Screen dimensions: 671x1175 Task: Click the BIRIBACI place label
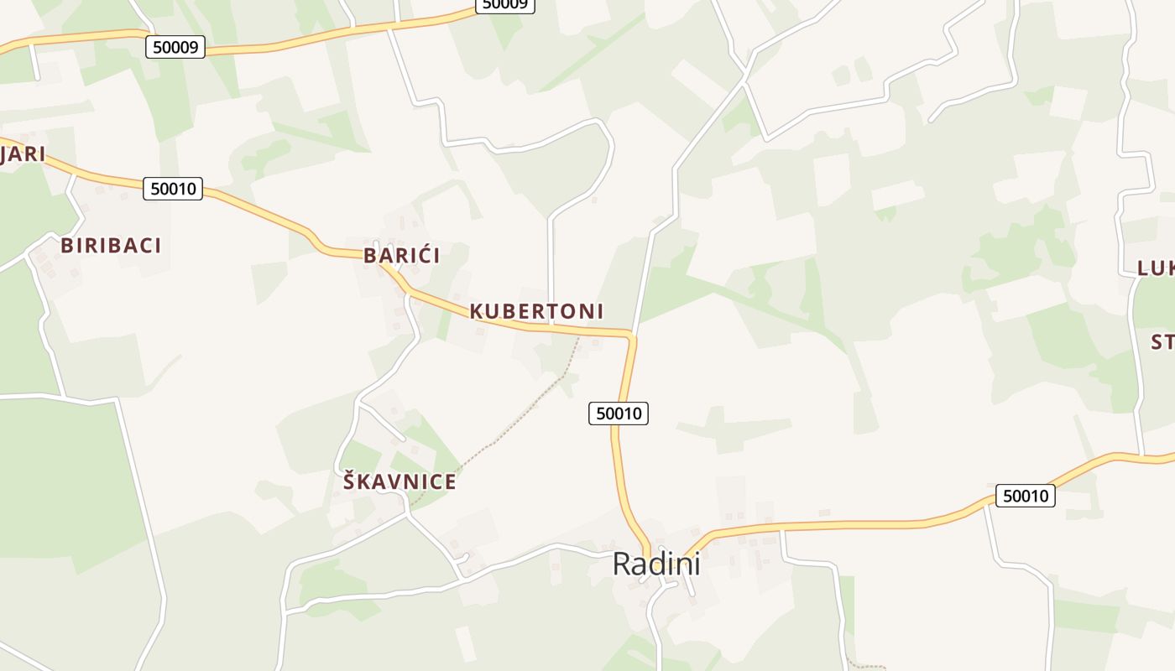111,246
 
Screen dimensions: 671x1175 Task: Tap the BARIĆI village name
401,256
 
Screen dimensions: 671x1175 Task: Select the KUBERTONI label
536,311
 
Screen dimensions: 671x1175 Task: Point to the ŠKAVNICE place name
399,482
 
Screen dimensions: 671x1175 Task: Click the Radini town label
656,564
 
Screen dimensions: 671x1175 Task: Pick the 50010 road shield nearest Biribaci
173,189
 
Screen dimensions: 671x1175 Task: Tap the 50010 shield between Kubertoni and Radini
619,413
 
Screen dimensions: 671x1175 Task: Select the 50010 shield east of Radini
1026,496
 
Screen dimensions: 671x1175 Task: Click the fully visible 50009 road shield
175,47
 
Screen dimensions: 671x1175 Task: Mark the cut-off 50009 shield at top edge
505,5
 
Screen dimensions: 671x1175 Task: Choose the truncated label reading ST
1162,342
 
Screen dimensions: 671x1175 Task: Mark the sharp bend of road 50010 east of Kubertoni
631,336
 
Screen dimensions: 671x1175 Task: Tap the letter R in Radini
623,564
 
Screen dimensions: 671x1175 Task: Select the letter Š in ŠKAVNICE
350,481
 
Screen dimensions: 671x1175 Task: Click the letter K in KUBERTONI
477,311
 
